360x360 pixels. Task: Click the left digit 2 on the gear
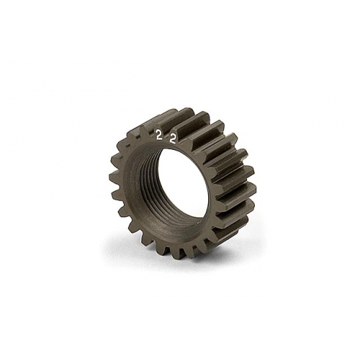(158, 134)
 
